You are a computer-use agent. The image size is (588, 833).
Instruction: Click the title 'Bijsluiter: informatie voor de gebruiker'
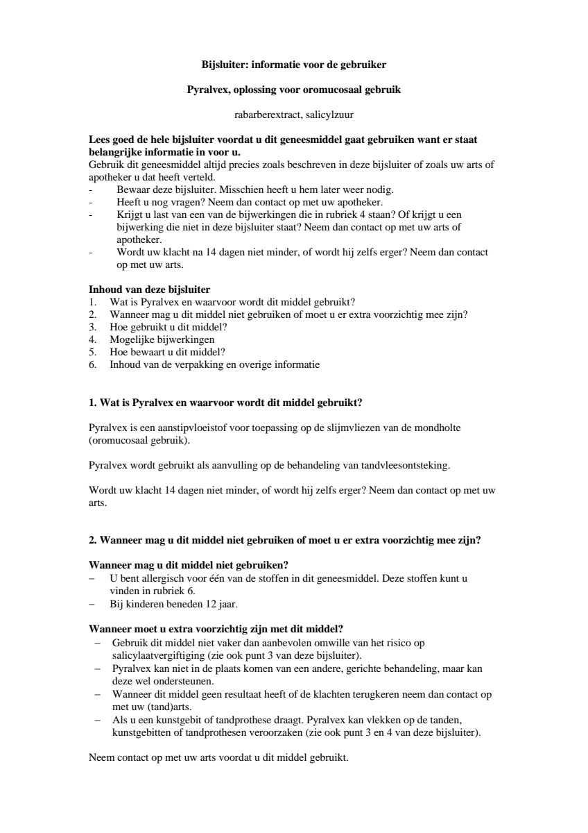click(x=293, y=65)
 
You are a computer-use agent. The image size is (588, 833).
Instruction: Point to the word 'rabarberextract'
click(x=264, y=115)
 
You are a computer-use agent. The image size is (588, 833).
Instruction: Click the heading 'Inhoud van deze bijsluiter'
click(x=150, y=289)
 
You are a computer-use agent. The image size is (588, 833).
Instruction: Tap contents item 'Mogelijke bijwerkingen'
click(x=162, y=339)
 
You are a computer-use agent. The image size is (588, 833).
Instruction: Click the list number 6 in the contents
click(x=92, y=364)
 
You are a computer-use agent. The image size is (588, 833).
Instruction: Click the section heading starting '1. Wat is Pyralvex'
click(x=225, y=403)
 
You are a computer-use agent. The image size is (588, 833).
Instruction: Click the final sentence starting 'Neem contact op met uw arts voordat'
click(x=218, y=757)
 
